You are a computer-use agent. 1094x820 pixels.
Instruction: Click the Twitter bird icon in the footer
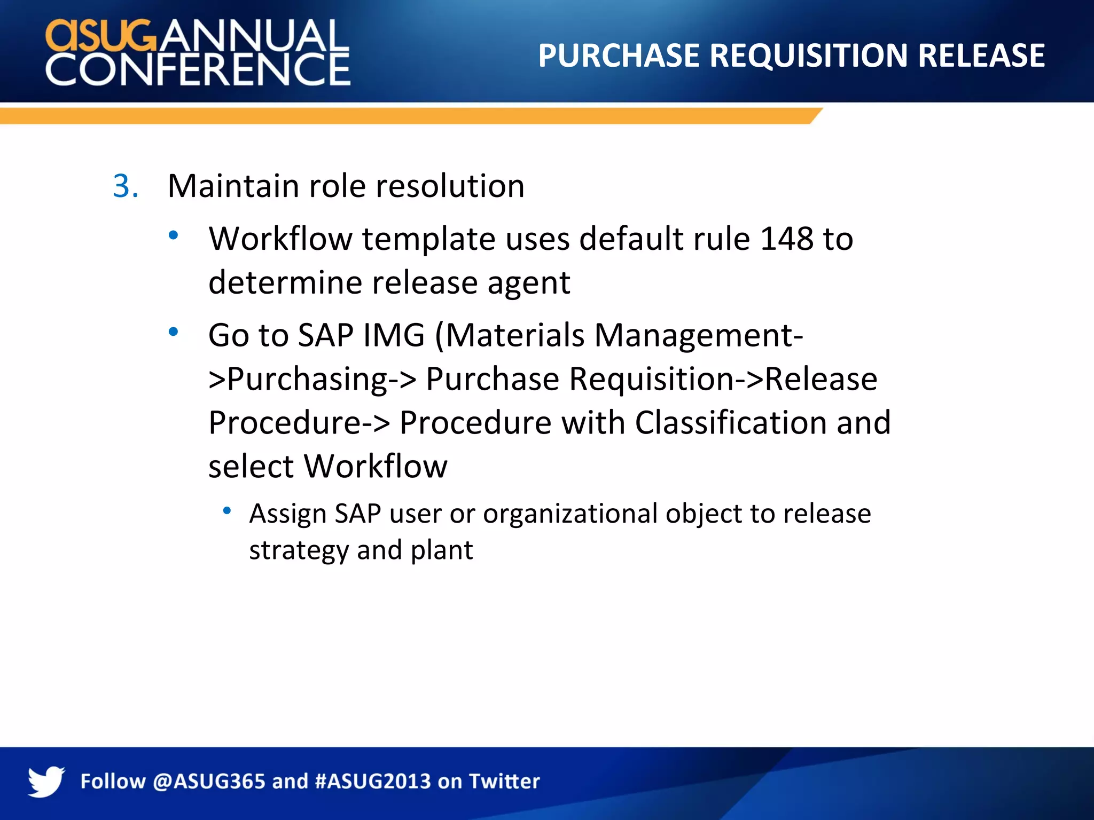pyautogui.click(x=46, y=781)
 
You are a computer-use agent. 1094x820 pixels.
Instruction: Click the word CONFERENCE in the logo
pyautogui.click(x=198, y=69)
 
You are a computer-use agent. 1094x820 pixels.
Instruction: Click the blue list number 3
pyautogui.click(x=126, y=186)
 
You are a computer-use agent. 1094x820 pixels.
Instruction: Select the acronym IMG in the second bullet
pyautogui.click(x=394, y=335)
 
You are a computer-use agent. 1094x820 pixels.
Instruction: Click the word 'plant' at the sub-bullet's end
pyautogui.click(x=441, y=550)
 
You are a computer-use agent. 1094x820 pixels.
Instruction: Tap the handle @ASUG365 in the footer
pyautogui.click(x=209, y=782)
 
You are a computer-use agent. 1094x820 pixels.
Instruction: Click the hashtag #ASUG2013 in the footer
pyautogui.click(x=373, y=782)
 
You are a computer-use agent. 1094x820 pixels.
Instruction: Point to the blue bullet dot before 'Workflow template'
pyautogui.click(x=173, y=235)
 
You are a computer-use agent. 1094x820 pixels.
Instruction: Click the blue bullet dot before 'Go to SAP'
pyautogui.click(x=173, y=332)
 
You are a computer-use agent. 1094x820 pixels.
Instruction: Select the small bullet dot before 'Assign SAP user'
pyautogui.click(x=227, y=511)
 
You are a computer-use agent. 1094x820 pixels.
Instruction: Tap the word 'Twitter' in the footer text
pyautogui.click(x=504, y=782)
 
